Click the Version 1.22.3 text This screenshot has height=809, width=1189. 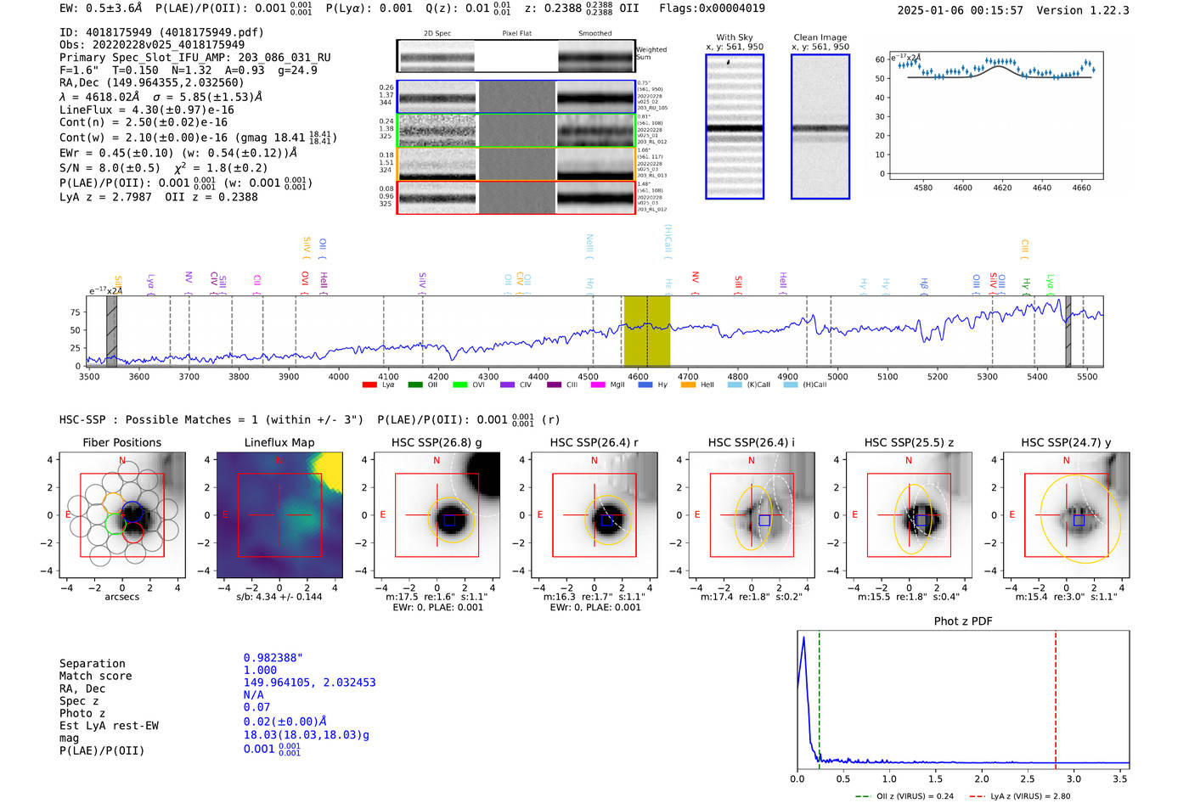[x=1095, y=10]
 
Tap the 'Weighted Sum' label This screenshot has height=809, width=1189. [x=651, y=53]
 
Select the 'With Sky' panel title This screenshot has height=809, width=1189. [x=734, y=37]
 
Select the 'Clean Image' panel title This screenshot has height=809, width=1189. [x=820, y=37]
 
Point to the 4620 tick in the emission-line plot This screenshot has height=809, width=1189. [x=1002, y=188]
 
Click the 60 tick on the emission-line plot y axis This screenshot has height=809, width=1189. [x=880, y=59]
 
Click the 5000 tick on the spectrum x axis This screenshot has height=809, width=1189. [x=837, y=376]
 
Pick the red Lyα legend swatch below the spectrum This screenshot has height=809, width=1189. [x=369, y=385]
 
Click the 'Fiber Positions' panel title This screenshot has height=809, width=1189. [x=121, y=442]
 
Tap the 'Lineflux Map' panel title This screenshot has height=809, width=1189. [x=279, y=442]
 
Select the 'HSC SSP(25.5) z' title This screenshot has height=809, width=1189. [x=908, y=442]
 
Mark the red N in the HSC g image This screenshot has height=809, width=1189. [x=437, y=460]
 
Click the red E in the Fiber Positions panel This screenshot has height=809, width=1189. [x=68, y=514]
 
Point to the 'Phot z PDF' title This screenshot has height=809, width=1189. [x=962, y=621]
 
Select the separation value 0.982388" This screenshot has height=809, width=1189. [x=273, y=658]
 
